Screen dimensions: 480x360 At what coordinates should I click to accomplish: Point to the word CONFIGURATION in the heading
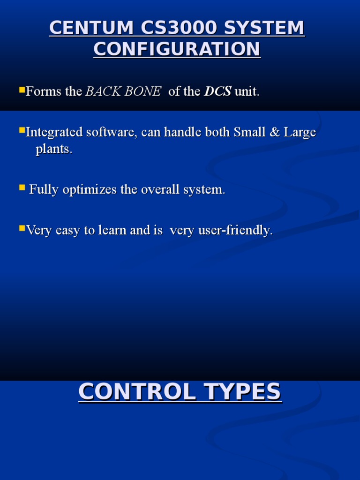177,49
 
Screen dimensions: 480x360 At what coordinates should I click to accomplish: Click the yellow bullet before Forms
22,89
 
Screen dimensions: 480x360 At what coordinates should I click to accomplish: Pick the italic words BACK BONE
123,91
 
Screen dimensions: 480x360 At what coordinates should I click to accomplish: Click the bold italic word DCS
217,91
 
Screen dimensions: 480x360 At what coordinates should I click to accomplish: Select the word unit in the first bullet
247,91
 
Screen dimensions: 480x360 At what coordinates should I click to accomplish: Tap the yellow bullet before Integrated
22,129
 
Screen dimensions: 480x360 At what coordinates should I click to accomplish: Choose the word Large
299,133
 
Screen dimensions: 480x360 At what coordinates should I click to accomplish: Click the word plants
54,150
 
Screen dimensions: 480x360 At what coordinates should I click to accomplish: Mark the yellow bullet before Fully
22,187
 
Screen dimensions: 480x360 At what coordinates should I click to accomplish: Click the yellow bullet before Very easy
22,228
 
